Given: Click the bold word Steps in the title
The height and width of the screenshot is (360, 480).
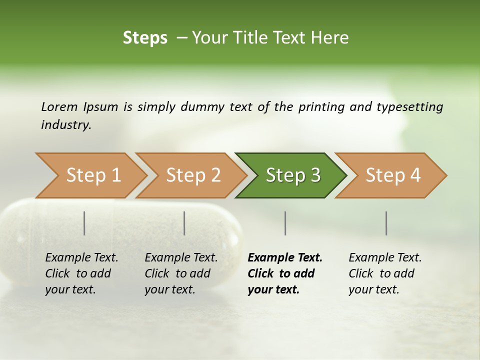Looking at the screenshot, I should (145, 38).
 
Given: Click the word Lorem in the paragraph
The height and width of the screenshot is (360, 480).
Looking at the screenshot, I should (59, 106).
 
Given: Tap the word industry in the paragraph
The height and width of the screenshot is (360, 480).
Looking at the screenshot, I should (65, 124).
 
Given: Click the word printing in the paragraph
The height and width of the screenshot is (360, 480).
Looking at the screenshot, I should (320, 106).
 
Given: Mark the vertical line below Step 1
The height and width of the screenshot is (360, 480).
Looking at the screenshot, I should (84, 223).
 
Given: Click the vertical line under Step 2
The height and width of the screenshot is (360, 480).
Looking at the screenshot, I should (184, 223).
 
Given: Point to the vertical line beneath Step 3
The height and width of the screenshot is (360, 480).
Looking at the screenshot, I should (285, 223).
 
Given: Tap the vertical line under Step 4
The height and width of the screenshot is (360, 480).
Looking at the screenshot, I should (386, 223).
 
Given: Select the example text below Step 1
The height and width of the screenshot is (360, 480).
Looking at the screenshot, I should (81, 273).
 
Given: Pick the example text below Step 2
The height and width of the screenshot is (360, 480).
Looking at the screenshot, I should (181, 273).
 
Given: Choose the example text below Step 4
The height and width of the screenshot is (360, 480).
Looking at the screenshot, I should (385, 273).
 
